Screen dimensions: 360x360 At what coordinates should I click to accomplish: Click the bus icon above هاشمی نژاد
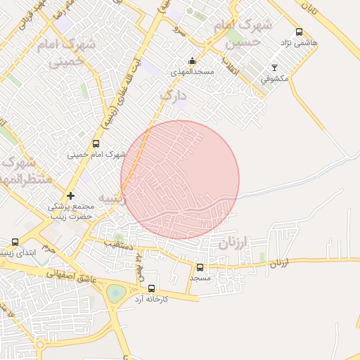point(300,32)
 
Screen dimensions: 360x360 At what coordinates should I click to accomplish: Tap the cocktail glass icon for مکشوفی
point(275,68)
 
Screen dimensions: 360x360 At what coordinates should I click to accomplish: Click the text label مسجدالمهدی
point(192,72)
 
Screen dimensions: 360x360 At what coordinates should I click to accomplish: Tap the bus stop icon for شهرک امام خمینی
point(96,143)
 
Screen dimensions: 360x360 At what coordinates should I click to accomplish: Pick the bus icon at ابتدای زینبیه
point(15,242)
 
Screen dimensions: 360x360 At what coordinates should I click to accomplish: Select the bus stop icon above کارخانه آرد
point(150,288)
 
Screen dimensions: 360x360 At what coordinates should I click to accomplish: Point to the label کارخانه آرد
point(150,299)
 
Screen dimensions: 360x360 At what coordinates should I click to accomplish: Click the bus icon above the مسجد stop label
point(200,267)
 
